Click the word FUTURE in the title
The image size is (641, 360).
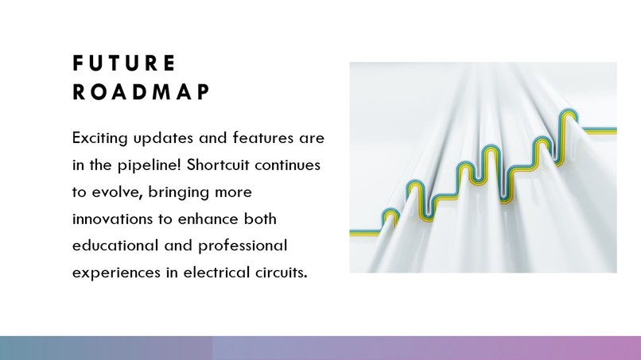[x=123, y=63]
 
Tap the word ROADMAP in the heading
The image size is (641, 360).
[x=141, y=92]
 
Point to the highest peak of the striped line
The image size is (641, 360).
[x=568, y=113]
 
